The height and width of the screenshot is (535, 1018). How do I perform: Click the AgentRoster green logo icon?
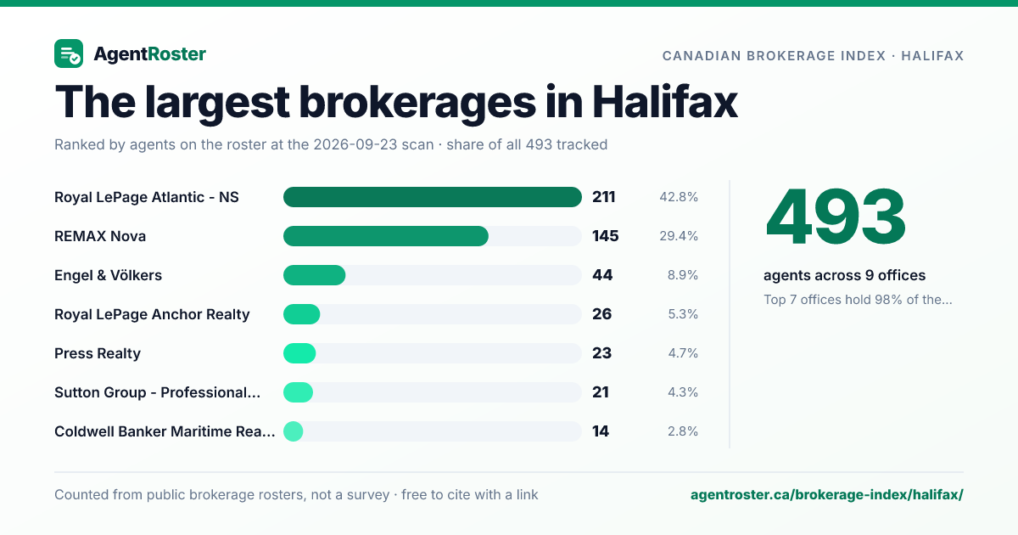coord(69,53)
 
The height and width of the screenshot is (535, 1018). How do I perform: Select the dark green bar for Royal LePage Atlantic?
coord(432,197)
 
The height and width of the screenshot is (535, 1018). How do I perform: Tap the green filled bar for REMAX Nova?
coord(386,236)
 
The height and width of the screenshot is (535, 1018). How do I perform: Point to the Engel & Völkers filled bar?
coord(314,275)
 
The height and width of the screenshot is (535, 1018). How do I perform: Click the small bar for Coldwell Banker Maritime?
coord(294,431)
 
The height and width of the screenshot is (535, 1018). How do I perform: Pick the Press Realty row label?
coord(98,353)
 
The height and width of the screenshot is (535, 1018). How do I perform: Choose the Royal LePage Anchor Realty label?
coord(152,314)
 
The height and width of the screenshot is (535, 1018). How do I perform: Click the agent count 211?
coord(603,197)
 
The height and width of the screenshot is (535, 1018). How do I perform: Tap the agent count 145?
coord(606,236)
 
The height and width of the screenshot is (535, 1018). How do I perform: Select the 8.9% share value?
coord(683,275)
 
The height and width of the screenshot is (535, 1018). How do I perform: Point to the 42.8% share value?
coord(679,197)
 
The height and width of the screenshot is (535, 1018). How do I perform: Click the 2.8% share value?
coord(683,431)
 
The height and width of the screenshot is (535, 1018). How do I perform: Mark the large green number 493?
coord(836,217)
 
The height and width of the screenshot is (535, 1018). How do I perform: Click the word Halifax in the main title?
coord(665,102)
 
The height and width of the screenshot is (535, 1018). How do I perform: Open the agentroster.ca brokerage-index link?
coord(826,494)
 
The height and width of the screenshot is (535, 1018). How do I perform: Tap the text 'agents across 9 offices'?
coord(844,275)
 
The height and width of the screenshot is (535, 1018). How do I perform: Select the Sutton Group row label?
coord(157,392)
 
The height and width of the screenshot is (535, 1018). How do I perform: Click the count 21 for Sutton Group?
coord(601,392)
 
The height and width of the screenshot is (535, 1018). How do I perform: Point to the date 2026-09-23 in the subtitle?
coord(373,144)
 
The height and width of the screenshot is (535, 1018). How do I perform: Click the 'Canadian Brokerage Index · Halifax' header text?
coord(813,56)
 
